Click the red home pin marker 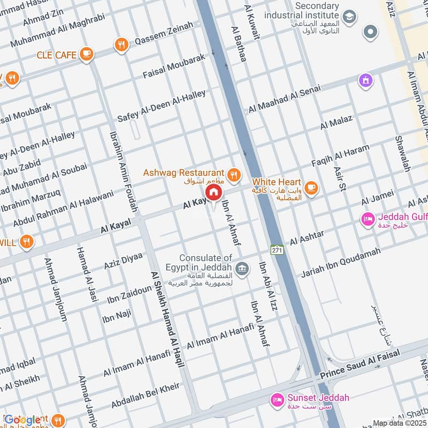[x=213, y=192]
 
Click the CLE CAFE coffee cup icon [x=86, y=54]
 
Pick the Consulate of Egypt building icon [x=242, y=267]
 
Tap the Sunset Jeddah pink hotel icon [x=277, y=399]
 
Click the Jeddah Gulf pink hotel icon [x=368, y=219]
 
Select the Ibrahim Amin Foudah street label [x=124, y=171]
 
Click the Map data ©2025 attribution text [x=399, y=423]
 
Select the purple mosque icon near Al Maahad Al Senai [x=366, y=80]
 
